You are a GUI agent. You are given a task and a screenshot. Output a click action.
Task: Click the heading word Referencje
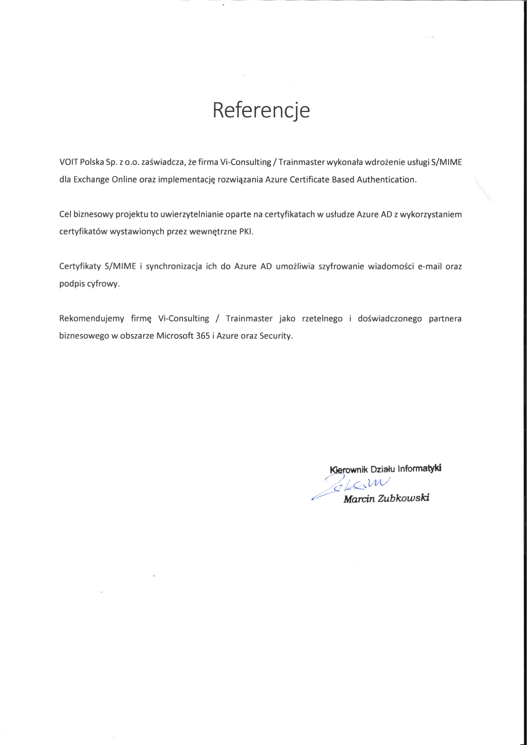[261, 111]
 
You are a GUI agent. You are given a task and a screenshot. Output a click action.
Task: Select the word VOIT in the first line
[69, 162]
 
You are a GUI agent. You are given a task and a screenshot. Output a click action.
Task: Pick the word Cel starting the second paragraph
[65, 215]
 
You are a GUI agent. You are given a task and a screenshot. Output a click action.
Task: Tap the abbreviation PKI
[246, 232]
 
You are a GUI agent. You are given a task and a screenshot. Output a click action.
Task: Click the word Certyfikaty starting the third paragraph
[80, 267]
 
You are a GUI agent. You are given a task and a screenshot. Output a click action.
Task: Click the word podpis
[72, 284]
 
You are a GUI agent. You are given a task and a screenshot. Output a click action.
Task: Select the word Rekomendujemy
[92, 319]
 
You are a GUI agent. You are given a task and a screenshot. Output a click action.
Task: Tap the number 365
[203, 336]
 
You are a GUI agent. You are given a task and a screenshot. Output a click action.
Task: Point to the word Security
[276, 336]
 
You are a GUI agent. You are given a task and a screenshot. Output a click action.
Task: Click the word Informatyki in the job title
[419, 469]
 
